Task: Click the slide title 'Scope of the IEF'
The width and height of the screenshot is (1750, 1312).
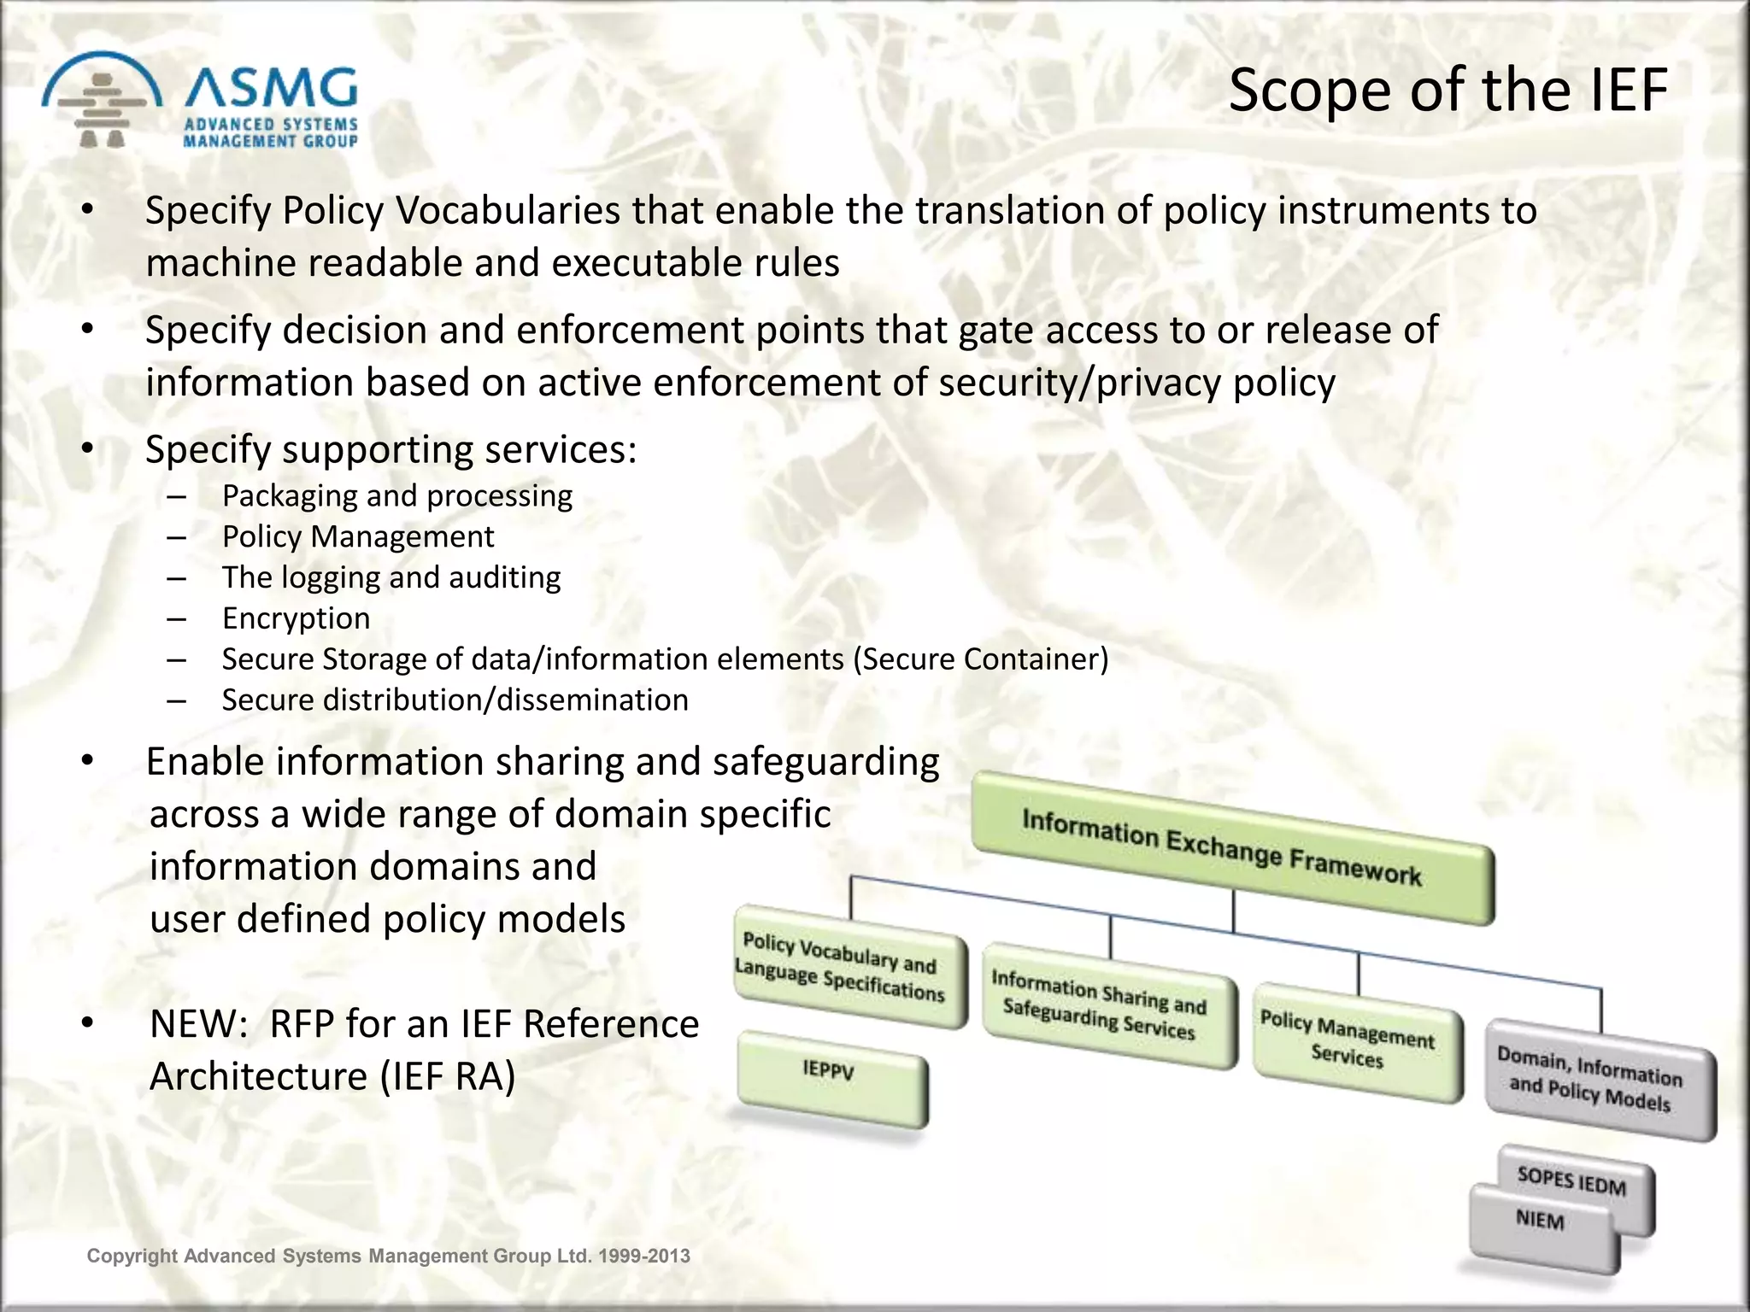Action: point(1448,90)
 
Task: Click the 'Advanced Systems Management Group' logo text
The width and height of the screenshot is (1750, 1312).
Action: point(271,132)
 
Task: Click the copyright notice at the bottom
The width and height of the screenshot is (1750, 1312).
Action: point(388,1256)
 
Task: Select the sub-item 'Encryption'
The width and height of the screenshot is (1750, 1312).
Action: point(296,618)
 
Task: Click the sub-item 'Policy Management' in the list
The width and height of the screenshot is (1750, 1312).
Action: point(358,536)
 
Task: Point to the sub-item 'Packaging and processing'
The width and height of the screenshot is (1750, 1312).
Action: point(396,495)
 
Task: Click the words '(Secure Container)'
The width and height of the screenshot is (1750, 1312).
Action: point(980,659)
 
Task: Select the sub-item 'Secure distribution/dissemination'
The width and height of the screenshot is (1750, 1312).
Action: point(455,700)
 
